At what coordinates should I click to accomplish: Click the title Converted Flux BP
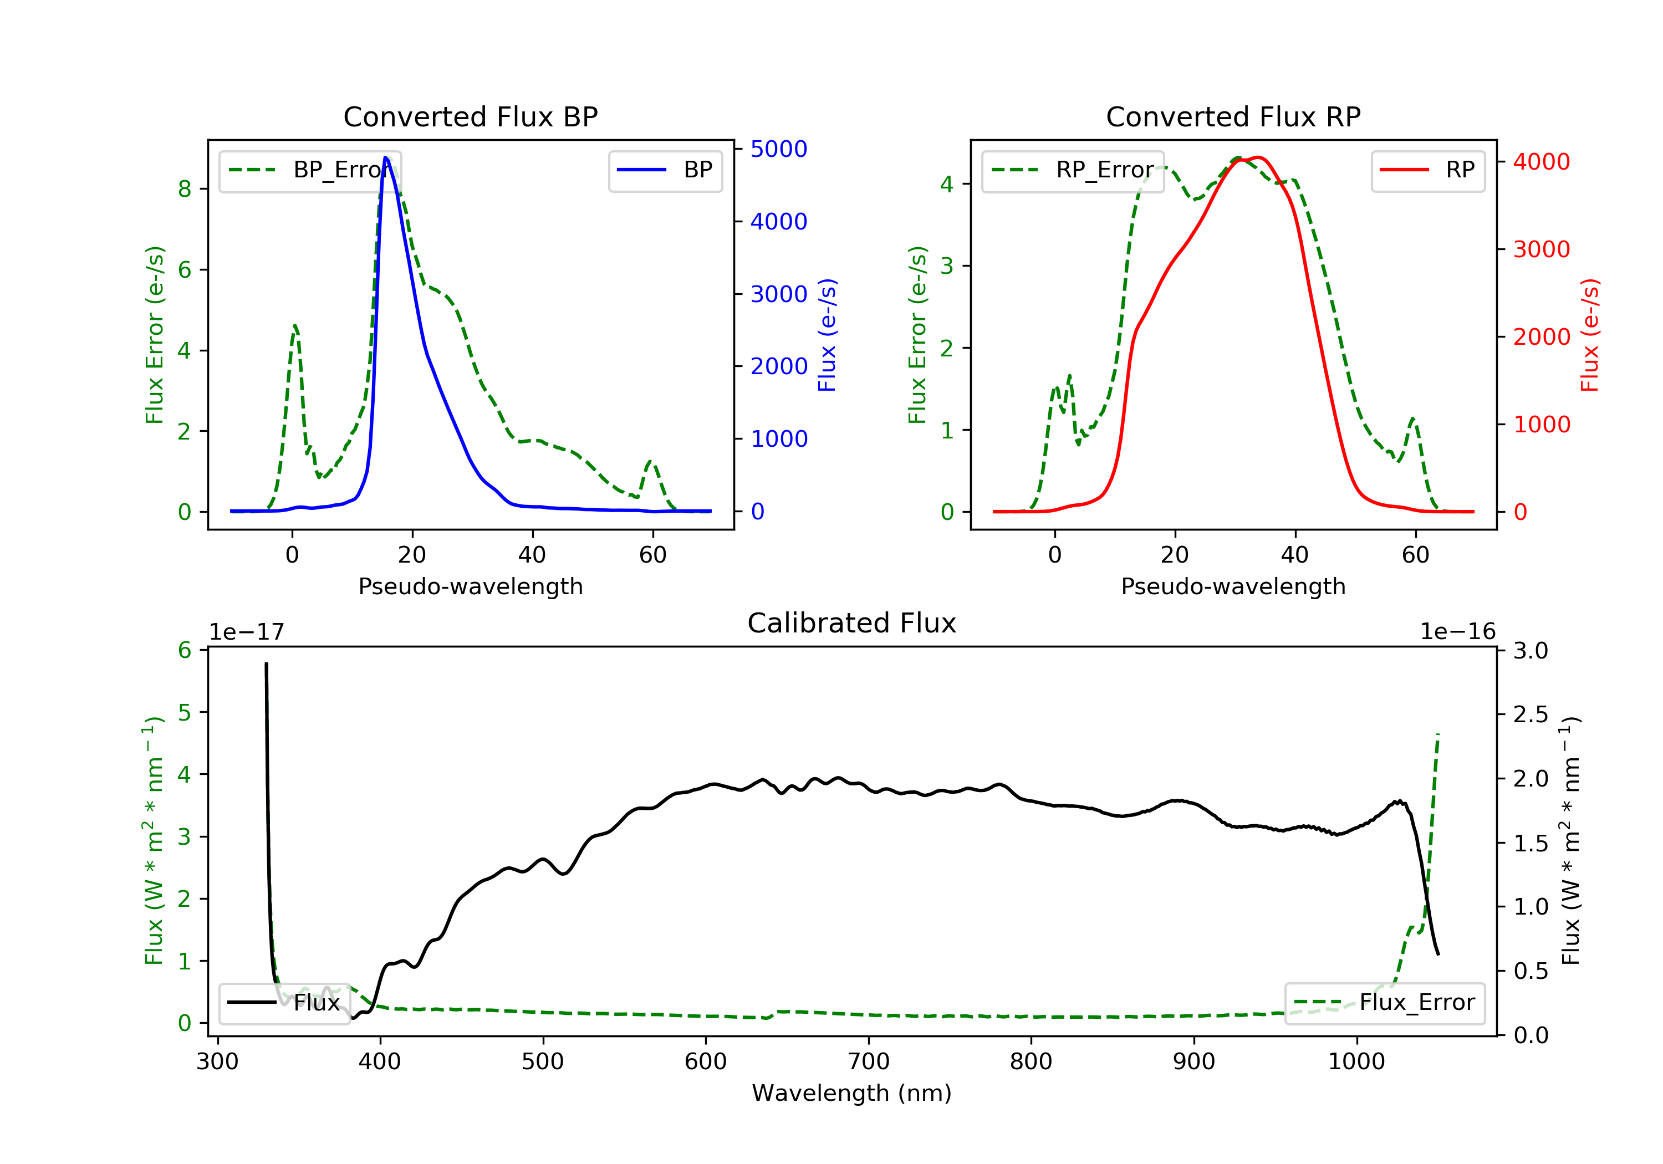tap(470, 116)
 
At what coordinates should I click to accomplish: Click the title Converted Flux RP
tap(1233, 116)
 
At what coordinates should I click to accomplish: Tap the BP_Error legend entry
tap(309, 170)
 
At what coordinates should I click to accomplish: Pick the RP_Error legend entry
tap(1072, 170)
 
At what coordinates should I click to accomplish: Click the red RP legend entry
tap(1427, 170)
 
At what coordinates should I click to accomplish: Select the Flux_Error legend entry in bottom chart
tap(1384, 1003)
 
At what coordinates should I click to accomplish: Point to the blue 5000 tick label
tap(779, 149)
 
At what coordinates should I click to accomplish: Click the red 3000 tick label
tap(1541, 249)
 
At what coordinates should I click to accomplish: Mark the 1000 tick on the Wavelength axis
tap(1356, 1062)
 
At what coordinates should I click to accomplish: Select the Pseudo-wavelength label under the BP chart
tap(470, 586)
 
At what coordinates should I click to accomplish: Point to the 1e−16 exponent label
tap(1457, 632)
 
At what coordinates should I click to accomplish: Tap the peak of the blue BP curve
tap(385, 157)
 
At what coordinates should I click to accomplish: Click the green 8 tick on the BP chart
tap(185, 189)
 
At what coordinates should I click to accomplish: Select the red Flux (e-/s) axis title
tap(1589, 335)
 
